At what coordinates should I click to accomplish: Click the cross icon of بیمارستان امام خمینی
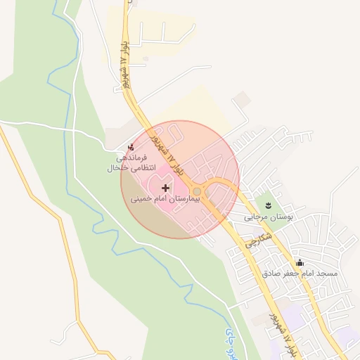[166, 188]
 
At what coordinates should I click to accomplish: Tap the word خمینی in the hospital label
[140, 200]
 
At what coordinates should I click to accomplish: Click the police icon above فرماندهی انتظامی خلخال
[131, 147]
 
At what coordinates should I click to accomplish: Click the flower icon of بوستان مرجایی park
[268, 205]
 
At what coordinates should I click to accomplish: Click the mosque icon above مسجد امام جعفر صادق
[301, 262]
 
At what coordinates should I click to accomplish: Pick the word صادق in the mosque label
[274, 272]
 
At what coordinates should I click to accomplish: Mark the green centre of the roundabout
[198, 192]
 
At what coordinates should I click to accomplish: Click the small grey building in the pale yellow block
[145, 59]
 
